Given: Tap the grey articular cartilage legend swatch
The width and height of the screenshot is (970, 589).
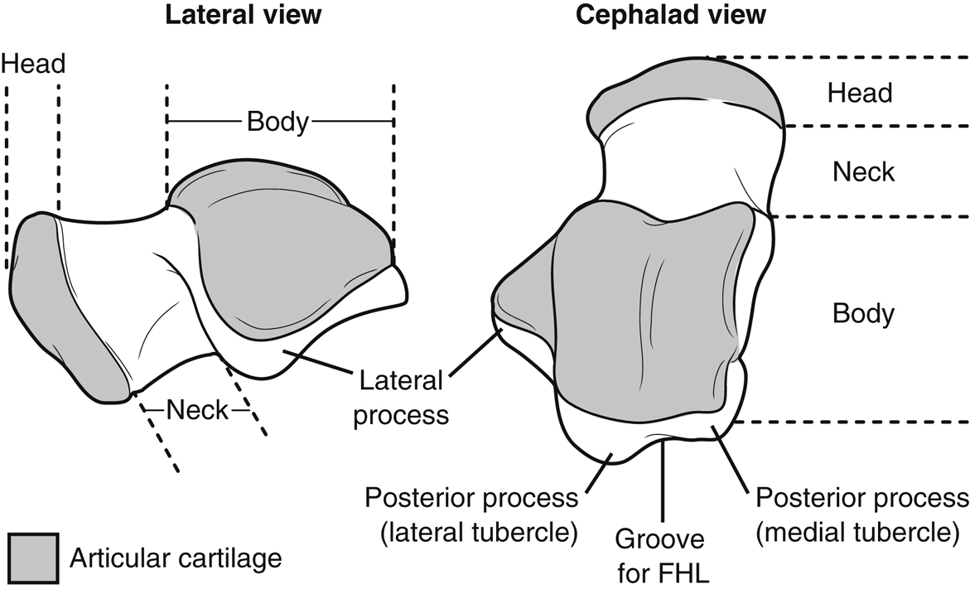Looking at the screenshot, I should (x=32, y=557).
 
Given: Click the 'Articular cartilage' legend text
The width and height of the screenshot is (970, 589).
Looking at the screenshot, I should (x=176, y=558).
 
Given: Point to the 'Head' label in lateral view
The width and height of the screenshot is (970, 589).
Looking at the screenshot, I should (x=33, y=64).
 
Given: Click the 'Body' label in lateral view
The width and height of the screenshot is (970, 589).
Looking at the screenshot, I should (x=277, y=123).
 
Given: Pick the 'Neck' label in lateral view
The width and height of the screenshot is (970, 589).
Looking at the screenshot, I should (x=197, y=410).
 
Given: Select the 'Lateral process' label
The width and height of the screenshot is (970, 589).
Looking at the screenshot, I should (x=401, y=398).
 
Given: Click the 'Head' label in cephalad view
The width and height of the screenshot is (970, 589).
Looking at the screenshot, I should (x=860, y=92).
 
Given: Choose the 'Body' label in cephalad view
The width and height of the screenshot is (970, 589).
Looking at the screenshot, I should (x=863, y=314).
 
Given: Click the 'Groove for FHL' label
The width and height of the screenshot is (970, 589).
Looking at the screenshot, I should (x=660, y=554).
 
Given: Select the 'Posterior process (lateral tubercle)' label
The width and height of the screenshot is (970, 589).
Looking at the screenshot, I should (x=471, y=514).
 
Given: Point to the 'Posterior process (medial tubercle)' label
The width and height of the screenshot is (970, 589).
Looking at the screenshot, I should (x=861, y=514).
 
